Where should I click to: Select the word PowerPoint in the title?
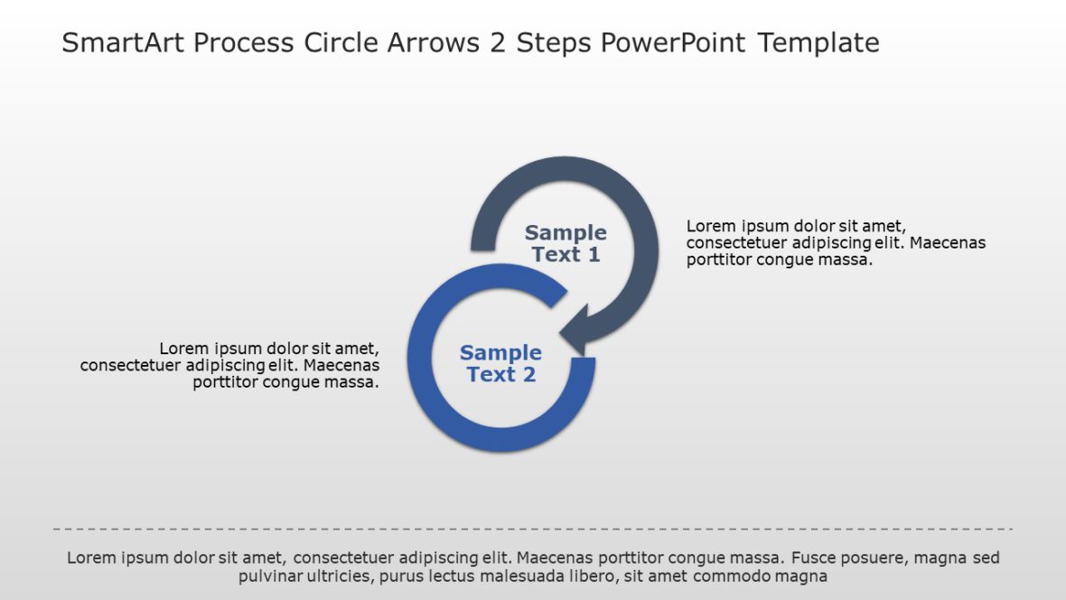675,43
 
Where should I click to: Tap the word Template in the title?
818,43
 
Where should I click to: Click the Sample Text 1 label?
566,244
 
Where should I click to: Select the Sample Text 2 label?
500,363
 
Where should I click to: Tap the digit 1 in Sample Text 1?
593,255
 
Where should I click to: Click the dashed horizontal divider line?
533,529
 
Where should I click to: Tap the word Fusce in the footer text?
816,558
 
